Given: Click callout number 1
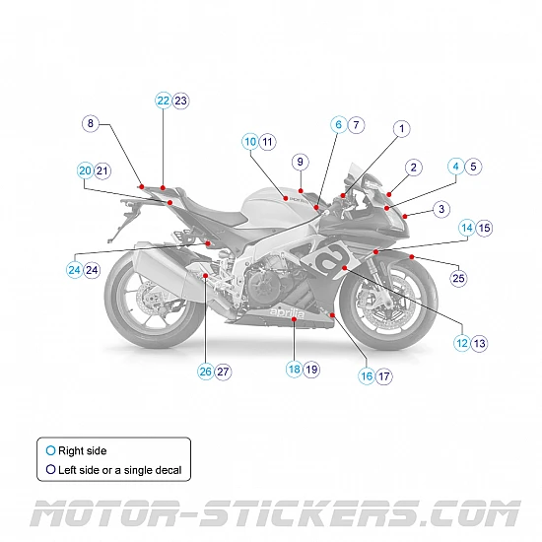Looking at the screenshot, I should pyautogui.click(x=401, y=129).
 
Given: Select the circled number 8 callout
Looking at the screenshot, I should pyautogui.click(x=91, y=124).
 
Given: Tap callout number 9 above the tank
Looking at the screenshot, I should pyautogui.click(x=301, y=162).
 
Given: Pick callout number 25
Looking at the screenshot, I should pyautogui.click(x=458, y=279).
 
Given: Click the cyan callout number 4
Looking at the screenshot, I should pyautogui.click(x=455, y=167).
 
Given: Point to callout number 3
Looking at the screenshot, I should pyautogui.click(x=440, y=209).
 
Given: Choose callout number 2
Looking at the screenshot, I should pyautogui.click(x=414, y=168).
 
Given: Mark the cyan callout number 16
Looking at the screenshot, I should pyautogui.click(x=366, y=375).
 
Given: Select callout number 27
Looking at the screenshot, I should pyautogui.click(x=224, y=372).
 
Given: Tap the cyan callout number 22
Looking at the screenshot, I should pyautogui.click(x=163, y=101).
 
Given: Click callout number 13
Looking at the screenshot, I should pyautogui.click(x=479, y=344).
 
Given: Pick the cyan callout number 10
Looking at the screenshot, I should pyautogui.click(x=249, y=142).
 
